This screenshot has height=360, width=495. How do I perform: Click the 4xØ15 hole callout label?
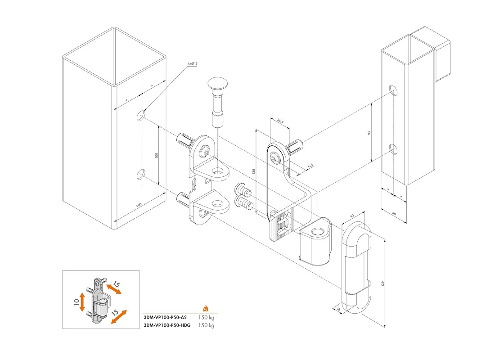coord(192,64)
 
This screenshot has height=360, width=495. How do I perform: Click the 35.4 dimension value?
coord(280,121)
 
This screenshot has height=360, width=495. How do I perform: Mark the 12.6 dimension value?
coord(310,166)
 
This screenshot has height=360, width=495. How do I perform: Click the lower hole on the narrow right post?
coord(393,149)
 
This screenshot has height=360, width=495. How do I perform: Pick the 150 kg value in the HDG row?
coord(206,325)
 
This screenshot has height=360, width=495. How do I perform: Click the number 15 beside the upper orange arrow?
coord(116,284)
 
